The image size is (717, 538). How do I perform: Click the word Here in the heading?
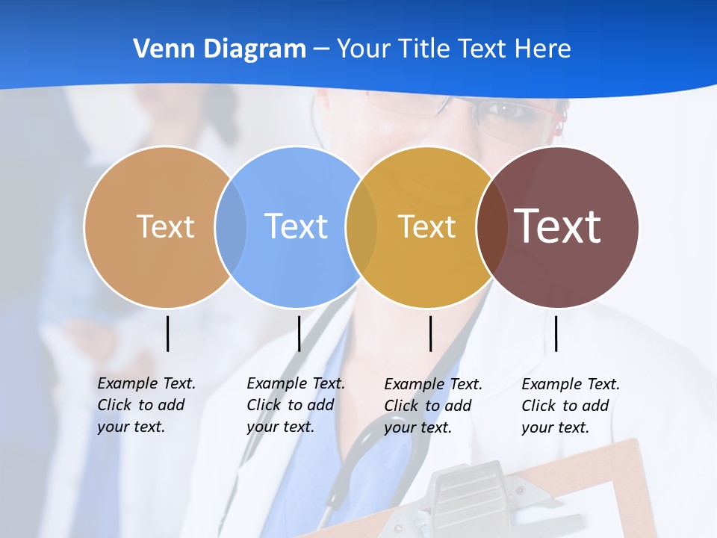click(543, 49)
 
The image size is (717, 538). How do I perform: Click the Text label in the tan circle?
click(165, 226)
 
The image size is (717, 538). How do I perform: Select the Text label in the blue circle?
click(297, 226)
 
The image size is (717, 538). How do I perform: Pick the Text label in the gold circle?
click(427, 226)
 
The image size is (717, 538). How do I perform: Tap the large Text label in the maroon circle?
click(558, 226)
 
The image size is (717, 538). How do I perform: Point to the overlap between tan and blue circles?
click(231, 226)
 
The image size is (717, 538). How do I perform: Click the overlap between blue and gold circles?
click(361, 226)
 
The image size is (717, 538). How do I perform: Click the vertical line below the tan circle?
click(168, 333)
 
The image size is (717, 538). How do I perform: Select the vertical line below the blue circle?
click(299, 333)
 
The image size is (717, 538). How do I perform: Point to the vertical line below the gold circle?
click(430, 333)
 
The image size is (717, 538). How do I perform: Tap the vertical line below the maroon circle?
click(556, 333)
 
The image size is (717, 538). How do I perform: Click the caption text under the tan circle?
click(146, 405)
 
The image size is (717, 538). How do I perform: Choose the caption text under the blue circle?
click(295, 405)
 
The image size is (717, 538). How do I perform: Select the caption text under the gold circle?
click(432, 406)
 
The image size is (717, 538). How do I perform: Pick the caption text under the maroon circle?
click(570, 406)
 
